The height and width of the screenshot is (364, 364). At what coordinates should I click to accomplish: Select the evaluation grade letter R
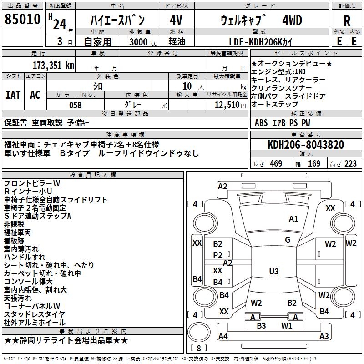(x=347, y=20)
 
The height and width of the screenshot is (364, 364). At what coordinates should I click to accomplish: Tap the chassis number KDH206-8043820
(x=306, y=145)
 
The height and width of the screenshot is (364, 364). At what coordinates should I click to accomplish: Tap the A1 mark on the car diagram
(x=293, y=219)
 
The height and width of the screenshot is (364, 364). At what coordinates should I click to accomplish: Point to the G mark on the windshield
(x=288, y=240)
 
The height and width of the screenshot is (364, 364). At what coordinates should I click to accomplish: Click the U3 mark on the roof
(x=273, y=272)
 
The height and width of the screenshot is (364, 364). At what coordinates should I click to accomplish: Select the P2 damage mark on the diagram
(x=218, y=255)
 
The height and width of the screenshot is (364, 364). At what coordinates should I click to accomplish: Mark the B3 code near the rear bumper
(x=261, y=325)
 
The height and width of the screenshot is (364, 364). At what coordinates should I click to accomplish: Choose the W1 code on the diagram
(x=286, y=325)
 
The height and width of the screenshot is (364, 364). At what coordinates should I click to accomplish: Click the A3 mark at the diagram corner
(x=324, y=336)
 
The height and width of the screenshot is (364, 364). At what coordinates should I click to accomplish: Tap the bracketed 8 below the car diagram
(x=199, y=348)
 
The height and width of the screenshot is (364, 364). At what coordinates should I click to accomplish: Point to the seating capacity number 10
(x=187, y=86)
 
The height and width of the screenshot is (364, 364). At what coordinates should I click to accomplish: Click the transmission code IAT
(x=13, y=95)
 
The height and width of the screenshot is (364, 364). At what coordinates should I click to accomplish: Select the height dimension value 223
(x=350, y=164)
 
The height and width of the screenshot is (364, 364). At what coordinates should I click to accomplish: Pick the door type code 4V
(x=176, y=20)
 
